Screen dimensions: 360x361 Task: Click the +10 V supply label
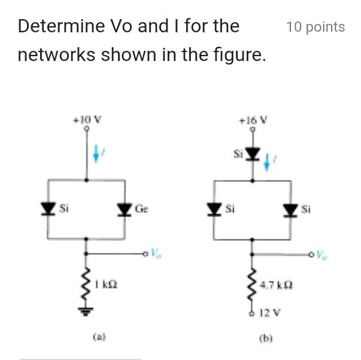87,118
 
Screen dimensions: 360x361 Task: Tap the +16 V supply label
252,118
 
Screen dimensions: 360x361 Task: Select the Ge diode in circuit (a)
125,209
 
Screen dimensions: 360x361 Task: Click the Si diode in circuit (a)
48,209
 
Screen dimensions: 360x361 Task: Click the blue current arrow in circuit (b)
268,160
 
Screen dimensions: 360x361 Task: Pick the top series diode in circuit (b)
253,154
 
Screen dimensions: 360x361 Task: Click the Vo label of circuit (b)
322,254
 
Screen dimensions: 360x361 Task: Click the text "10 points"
316,27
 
